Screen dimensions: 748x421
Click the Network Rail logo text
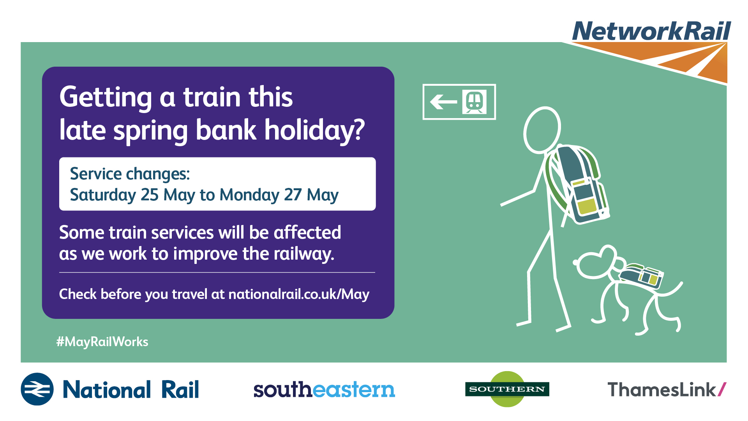pos(651,31)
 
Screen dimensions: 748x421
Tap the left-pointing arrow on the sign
pos(443,102)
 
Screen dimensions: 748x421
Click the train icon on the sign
pos(475,102)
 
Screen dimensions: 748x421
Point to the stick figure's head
pos(542,130)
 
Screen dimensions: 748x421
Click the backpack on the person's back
pos(580,183)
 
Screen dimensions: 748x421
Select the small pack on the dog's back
pos(641,276)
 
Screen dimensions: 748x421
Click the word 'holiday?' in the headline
pos(315,131)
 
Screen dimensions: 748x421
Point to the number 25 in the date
pos(150,195)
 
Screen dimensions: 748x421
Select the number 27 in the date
pos(293,195)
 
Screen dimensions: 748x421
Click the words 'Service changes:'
pos(130,174)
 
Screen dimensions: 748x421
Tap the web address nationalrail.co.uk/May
pos(299,294)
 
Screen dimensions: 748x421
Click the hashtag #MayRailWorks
pos(102,342)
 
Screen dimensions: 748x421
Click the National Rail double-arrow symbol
pos(37,389)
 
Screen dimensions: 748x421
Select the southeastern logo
pos(324,389)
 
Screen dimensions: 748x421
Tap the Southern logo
pos(507,389)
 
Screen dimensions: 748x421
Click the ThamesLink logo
pos(667,389)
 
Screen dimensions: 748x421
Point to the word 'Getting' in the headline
pos(106,97)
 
